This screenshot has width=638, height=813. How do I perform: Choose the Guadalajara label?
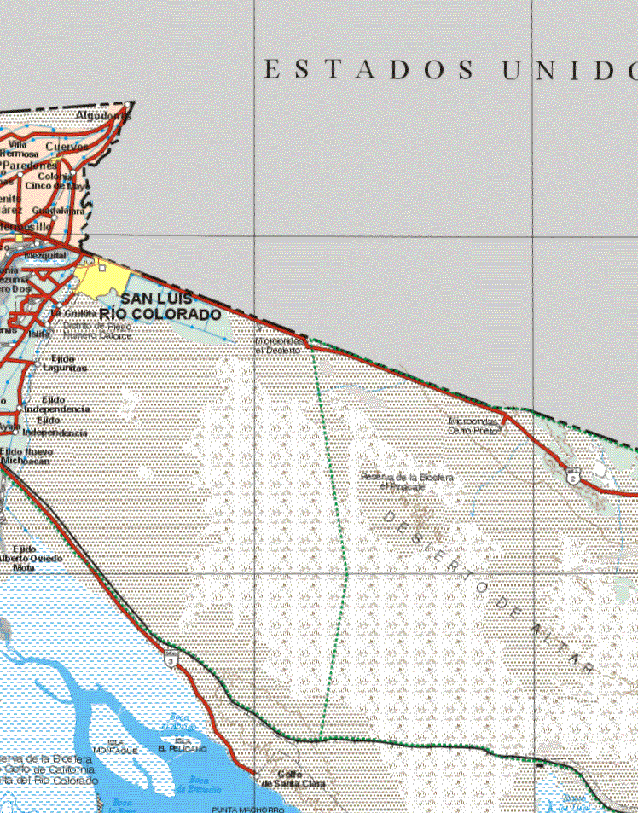pos(58,211)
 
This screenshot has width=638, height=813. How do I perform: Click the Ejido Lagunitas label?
pos(68,363)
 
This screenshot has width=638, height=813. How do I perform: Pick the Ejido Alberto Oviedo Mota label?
pos(34,558)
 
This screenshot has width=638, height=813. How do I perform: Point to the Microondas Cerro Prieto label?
pos(474,426)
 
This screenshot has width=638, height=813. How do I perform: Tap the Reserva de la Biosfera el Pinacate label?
pos(407,481)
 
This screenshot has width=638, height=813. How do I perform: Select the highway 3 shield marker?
pos(171,658)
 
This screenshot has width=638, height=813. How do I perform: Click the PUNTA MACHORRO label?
pos(247,808)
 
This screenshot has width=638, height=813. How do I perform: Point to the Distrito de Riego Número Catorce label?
pos(97,331)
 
